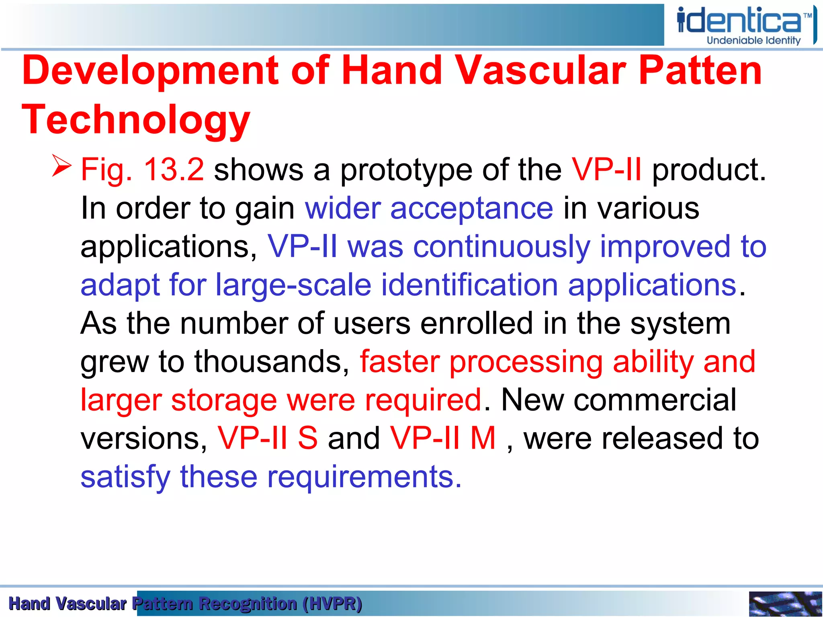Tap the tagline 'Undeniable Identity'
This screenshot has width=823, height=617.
(x=753, y=41)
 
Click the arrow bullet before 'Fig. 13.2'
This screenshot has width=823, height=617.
(x=61, y=166)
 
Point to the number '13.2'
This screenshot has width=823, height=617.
(x=174, y=170)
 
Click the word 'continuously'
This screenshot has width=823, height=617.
(x=502, y=247)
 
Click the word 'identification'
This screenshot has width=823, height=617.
(x=469, y=285)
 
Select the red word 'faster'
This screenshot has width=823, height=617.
(x=399, y=362)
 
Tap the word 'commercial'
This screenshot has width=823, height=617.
(x=655, y=400)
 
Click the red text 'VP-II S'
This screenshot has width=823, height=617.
(x=268, y=438)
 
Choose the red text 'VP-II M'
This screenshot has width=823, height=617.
(x=443, y=438)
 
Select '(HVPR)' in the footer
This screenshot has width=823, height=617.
(x=332, y=604)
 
